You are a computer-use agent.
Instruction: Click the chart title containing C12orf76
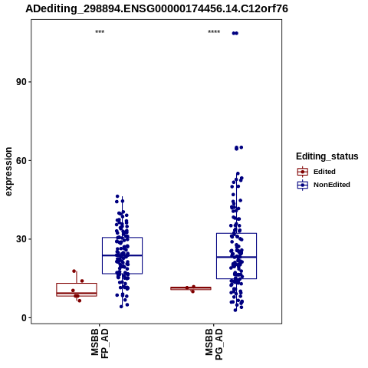tap(156, 8)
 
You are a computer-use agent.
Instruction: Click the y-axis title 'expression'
tap(8, 172)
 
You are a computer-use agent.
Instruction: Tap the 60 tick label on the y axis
tap(21, 160)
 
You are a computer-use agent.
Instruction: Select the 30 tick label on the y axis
tap(21, 239)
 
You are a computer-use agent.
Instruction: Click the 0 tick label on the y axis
tap(25, 318)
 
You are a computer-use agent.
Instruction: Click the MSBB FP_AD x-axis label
tap(100, 343)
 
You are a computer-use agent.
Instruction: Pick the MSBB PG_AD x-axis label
tap(214, 344)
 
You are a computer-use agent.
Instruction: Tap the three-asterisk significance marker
tap(100, 32)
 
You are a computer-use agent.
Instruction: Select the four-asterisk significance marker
tap(214, 32)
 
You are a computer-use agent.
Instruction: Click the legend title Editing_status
tap(327, 156)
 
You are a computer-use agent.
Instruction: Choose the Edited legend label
tap(324, 172)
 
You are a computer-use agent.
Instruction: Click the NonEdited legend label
tap(332, 185)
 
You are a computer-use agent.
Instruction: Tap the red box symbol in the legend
tap(303, 172)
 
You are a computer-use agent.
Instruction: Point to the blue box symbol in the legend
tap(303, 185)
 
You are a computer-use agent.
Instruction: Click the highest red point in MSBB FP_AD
tap(74, 271)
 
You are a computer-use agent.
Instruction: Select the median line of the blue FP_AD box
tap(122, 255)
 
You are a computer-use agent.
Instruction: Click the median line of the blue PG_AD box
tap(236, 257)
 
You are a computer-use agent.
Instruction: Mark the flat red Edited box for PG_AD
tap(191, 288)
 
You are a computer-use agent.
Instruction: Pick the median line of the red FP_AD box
tap(77, 293)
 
